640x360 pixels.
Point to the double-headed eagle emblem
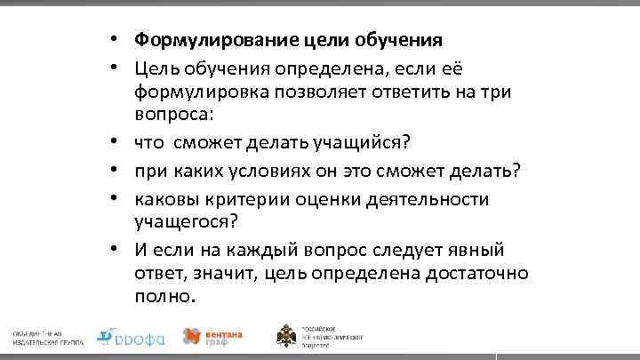[x=287, y=336]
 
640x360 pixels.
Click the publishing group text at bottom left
[x=45, y=336]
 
